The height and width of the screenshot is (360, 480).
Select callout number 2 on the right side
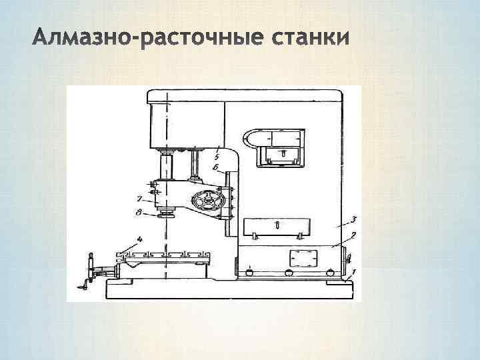coord(353,235)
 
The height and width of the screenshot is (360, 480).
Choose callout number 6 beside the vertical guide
coord(217,167)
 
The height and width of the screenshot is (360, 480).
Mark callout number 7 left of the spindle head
coord(139,198)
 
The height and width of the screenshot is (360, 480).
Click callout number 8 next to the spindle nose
coord(139,213)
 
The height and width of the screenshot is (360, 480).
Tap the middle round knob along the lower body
coord(289,272)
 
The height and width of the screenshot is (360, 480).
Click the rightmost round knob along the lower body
coord(329,272)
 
